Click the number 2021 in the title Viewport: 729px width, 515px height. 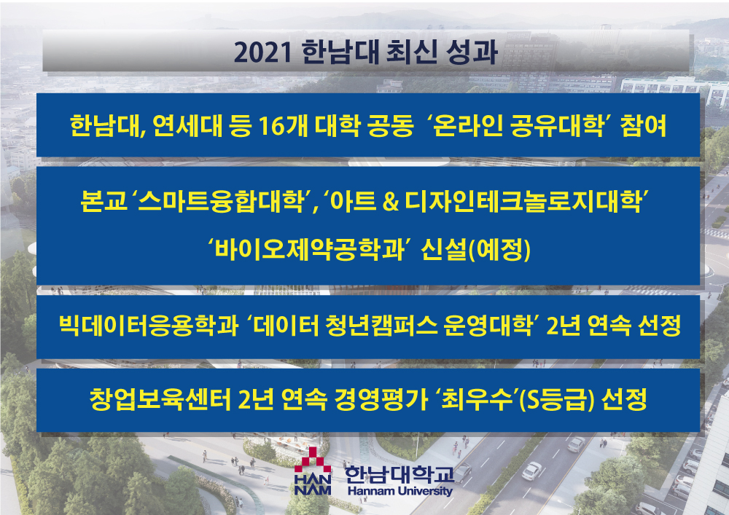pyautogui.click(x=262, y=52)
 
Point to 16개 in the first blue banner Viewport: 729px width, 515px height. pyautogui.click(x=283, y=125)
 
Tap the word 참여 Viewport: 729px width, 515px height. pyautogui.click(x=644, y=125)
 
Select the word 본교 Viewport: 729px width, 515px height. pyautogui.click(x=104, y=201)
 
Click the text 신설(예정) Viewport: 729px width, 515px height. pyautogui.click(x=475, y=250)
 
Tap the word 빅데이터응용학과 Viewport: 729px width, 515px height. pyautogui.click(x=149, y=325)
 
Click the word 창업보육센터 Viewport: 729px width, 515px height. pyautogui.click(x=160, y=399)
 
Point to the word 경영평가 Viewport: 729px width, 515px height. pyautogui.click(x=381, y=399)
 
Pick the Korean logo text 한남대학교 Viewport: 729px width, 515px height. pyautogui.click(x=399, y=473)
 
